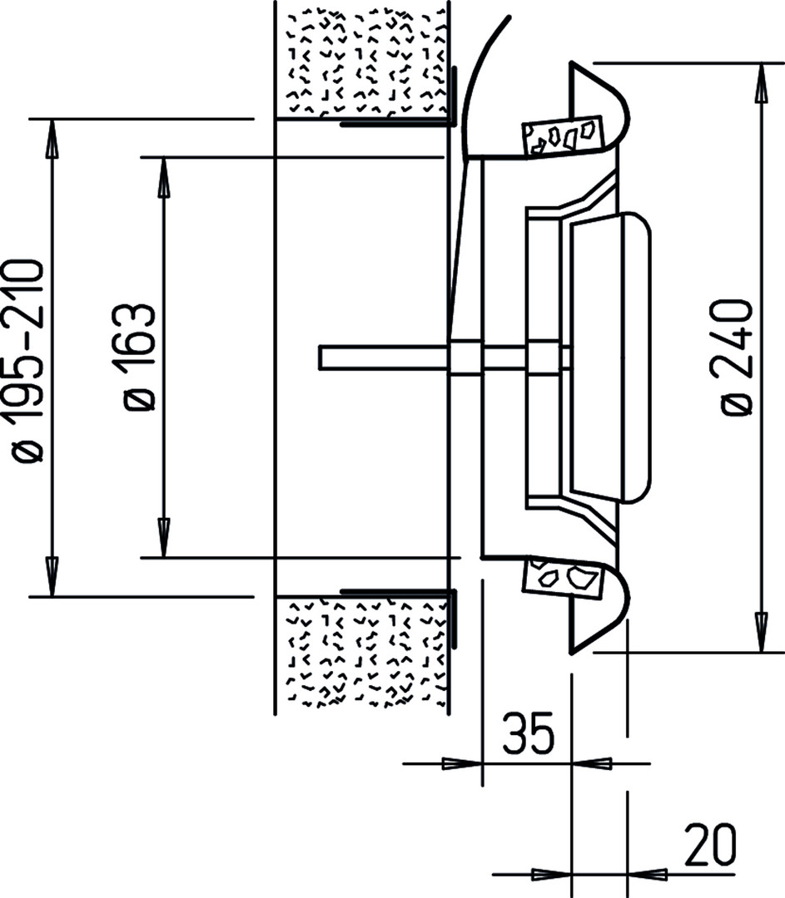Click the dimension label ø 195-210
tap(25, 360)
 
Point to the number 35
tap(528, 733)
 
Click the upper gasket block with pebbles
tap(563, 136)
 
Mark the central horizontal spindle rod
tap(445, 358)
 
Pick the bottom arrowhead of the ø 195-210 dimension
tap(52, 576)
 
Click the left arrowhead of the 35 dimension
tap(462, 763)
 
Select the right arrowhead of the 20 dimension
tap(648, 875)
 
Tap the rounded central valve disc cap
tap(611, 358)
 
